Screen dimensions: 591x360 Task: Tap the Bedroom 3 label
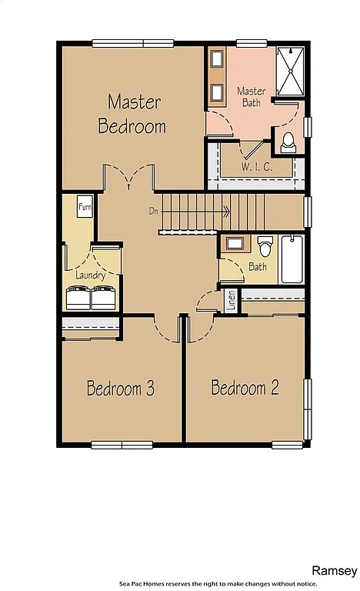121,389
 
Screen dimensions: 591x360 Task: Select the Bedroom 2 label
245,388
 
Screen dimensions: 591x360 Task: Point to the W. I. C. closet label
255,166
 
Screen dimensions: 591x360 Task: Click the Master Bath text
252,96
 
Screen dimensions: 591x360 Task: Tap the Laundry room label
91,275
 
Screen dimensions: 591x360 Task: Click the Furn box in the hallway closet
85,207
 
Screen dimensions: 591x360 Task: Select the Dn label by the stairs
154,210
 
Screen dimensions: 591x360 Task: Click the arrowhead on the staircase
227,210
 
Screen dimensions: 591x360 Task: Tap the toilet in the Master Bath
288,142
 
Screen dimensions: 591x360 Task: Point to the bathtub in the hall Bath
292,259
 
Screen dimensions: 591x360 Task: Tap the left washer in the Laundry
78,297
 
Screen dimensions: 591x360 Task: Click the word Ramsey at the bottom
334,570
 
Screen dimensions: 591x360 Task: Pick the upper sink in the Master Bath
218,61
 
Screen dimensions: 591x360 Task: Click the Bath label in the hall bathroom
257,268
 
